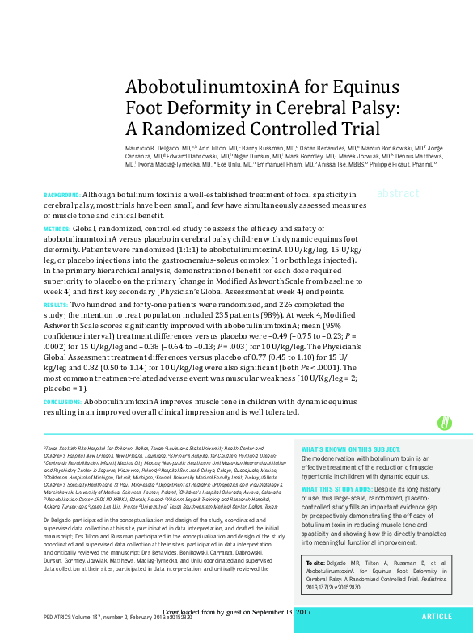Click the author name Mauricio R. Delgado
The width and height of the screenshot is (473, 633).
pos(154,149)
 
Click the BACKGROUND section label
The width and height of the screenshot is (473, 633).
pos(61,196)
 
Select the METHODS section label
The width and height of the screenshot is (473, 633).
pos(57,230)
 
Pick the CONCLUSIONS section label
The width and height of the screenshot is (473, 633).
pos(62,402)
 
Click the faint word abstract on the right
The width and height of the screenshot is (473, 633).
pos(398,194)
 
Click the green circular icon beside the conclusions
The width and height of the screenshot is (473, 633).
pos(444,422)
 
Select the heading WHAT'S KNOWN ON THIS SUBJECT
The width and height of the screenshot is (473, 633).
pos(350,449)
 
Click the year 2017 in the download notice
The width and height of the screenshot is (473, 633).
pos(299,611)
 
